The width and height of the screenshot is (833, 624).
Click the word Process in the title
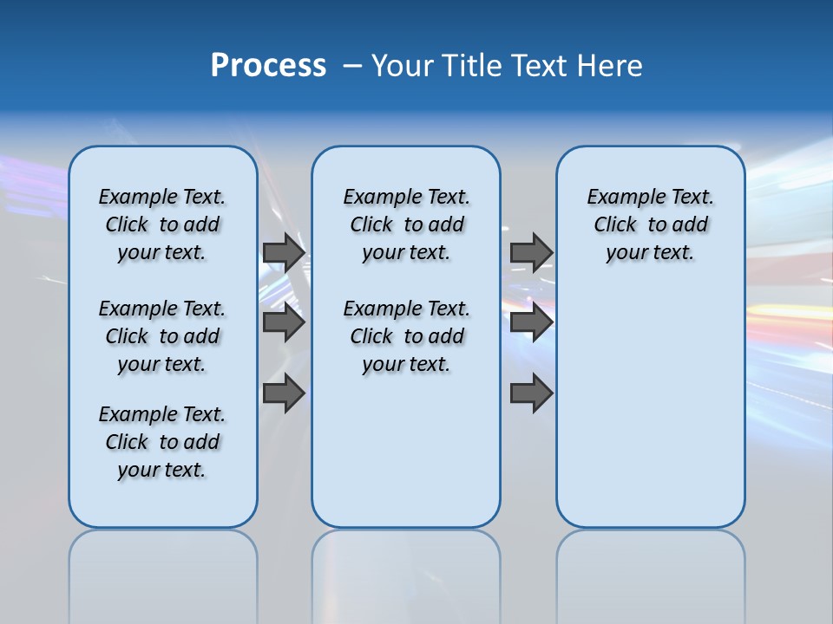[268, 66]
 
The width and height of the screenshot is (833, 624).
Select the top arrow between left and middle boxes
[284, 252]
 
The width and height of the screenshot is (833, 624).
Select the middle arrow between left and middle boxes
[284, 322]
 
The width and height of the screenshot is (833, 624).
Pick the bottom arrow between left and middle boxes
[284, 393]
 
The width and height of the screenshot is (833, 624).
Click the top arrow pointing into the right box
[531, 252]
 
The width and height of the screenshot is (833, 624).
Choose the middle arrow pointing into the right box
[531, 322]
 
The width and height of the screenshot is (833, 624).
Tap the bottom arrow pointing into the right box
[531, 393]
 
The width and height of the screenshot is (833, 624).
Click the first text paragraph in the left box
[162, 224]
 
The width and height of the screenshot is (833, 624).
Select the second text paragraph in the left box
[162, 336]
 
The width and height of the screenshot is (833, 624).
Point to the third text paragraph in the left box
[162, 442]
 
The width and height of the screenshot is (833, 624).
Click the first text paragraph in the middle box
[406, 224]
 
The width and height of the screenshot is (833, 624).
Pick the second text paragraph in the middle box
[406, 336]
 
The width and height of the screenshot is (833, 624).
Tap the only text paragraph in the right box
[650, 224]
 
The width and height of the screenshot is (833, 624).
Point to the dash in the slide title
[352, 67]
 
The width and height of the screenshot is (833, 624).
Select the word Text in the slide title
[542, 66]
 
